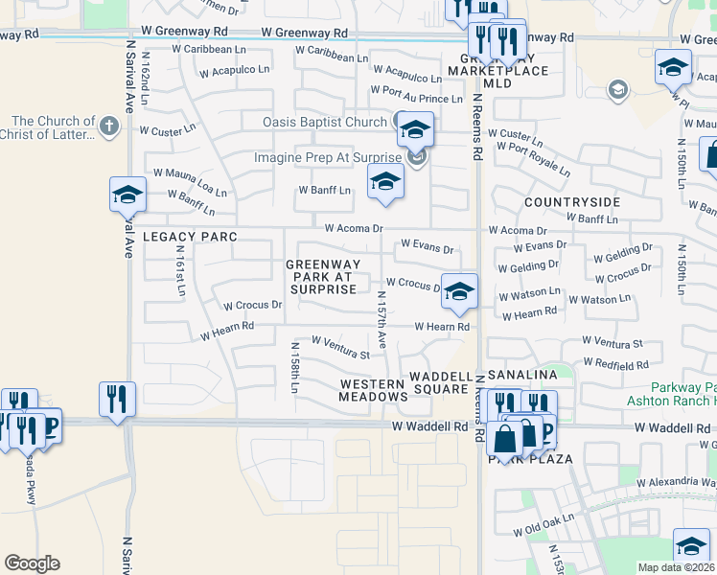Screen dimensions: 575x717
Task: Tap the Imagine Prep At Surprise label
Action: click(327, 157)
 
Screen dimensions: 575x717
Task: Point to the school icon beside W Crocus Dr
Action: click(460, 293)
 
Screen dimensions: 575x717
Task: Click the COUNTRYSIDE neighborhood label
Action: click(571, 202)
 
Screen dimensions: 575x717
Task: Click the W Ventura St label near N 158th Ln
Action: click(340, 341)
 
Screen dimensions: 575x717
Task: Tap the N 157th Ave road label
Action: click(382, 319)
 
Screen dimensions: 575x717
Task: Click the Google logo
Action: click(32, 563)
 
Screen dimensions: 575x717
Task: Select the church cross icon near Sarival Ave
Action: click(109, 125)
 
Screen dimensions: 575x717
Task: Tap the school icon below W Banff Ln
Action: click(385, 182)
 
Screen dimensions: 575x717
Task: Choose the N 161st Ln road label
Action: click(179, 268)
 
